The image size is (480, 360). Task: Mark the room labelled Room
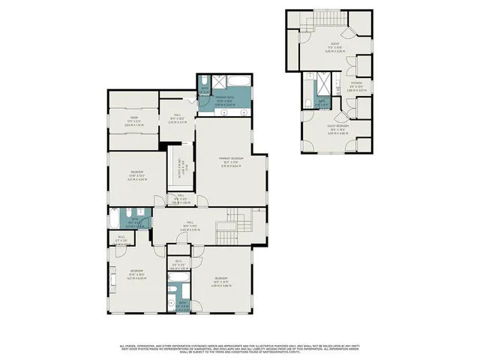133,118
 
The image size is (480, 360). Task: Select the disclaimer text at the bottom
240,348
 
